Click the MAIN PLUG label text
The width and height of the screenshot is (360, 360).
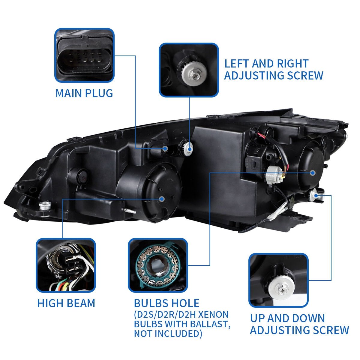point(84,93)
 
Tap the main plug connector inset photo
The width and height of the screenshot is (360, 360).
point(84,55)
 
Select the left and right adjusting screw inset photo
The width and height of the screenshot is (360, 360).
point(189,70)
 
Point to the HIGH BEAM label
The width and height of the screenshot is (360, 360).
point(66,303)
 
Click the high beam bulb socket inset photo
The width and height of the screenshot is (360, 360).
point(66,265)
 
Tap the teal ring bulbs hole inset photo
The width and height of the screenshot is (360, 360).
point(158,265)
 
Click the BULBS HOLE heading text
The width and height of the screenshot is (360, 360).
point(166,303)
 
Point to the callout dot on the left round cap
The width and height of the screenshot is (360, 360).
point(162,199)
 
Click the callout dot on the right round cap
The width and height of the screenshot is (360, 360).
point(313,173)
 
